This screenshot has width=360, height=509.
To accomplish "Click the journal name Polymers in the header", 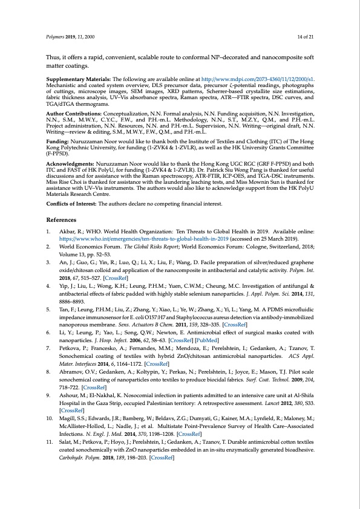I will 56,37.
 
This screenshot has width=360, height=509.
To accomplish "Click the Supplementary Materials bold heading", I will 77,79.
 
